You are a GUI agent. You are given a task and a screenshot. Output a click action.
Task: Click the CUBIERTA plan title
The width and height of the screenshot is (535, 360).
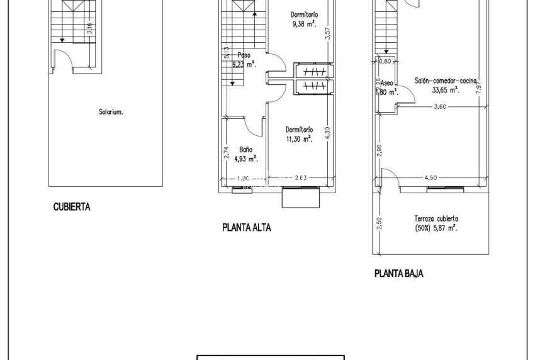coord(72,206)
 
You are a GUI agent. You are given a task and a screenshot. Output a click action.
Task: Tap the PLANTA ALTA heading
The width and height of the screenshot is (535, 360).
coord(247,228)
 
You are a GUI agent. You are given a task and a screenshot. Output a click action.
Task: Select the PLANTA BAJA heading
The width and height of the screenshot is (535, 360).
coord(398,274)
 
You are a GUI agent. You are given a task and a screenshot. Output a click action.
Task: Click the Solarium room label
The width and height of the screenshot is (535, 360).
coord(111,113)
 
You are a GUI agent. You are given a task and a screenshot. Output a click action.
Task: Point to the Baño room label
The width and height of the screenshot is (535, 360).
coord(245,150)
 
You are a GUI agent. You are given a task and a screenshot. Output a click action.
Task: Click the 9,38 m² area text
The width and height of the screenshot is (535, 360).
coord(303,25)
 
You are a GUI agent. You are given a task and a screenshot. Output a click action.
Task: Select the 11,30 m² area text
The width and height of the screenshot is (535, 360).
coord(299,140)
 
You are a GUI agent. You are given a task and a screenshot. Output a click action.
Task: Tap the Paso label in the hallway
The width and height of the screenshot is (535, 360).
coord(244,55)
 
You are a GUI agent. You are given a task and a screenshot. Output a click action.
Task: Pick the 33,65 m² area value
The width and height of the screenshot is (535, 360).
coord(445,90)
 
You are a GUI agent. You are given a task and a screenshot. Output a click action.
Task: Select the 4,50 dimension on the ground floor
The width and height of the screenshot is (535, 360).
coord(431,177)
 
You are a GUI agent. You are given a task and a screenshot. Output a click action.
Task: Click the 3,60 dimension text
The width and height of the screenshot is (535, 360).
coord(439,107)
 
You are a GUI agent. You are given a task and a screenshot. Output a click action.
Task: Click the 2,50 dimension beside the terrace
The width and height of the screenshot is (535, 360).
coord(378,223)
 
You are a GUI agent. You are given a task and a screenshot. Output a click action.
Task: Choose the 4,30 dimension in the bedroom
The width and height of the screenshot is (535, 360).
coord(327,133)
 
